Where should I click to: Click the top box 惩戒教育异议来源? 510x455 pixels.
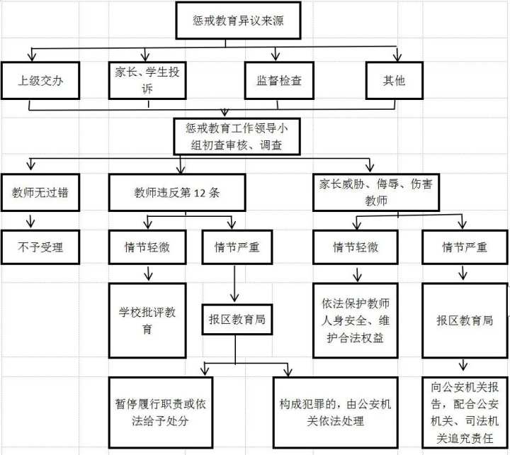point(225,22)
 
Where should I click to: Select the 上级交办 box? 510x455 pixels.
point(40,80)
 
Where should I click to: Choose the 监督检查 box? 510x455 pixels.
point(279,80)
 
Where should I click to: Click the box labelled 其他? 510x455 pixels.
point(395,80)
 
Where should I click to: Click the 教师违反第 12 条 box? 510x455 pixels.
point(178,192)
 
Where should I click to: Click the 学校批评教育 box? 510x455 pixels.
point(147,320)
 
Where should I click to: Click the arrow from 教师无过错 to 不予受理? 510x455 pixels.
point(30,220)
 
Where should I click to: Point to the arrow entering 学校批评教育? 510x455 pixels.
point(148,274)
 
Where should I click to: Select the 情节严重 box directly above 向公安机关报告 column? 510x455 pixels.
point(464,247)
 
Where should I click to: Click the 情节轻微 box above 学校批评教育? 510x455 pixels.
point(147,247)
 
